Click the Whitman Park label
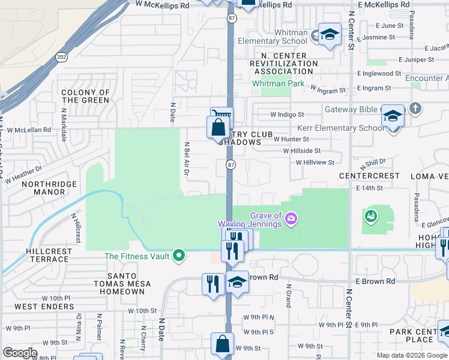click(278, 84)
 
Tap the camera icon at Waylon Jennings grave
click(291, 217)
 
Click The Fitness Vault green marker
click(178, 256)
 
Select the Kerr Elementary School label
click(342, 128)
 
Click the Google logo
click(19, 353)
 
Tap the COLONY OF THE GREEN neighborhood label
click(85, 97)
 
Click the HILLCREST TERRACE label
click(47, 255)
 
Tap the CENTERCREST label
click(369, 176)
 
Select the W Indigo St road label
click(287, 114)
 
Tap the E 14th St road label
click(369, 188)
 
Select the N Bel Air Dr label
click(187, 159)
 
